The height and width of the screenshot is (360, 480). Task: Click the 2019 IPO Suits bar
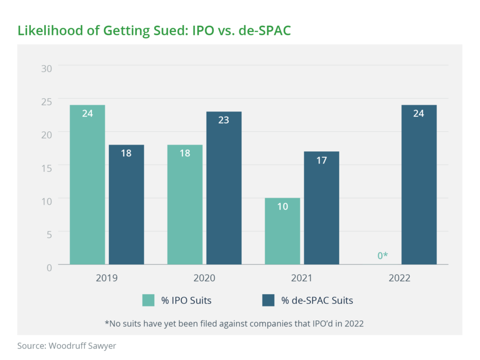tap(87, 185)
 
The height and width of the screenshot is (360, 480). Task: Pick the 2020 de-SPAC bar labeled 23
tap(224, 188)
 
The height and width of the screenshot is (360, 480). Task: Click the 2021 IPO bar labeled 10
tap(283, 231)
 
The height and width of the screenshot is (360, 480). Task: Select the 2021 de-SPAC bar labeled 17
tap(322, 208)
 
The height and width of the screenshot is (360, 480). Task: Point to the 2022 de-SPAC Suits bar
tap(419, 185)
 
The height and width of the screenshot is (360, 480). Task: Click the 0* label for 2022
tap(382, 255)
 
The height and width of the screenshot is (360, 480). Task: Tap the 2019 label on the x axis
tap(106, 278)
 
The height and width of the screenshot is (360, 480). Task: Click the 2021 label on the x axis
tap(302, 278)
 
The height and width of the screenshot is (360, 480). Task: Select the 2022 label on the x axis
tap(399, 278)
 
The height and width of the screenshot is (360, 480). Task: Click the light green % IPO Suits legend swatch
tap(149, 300)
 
